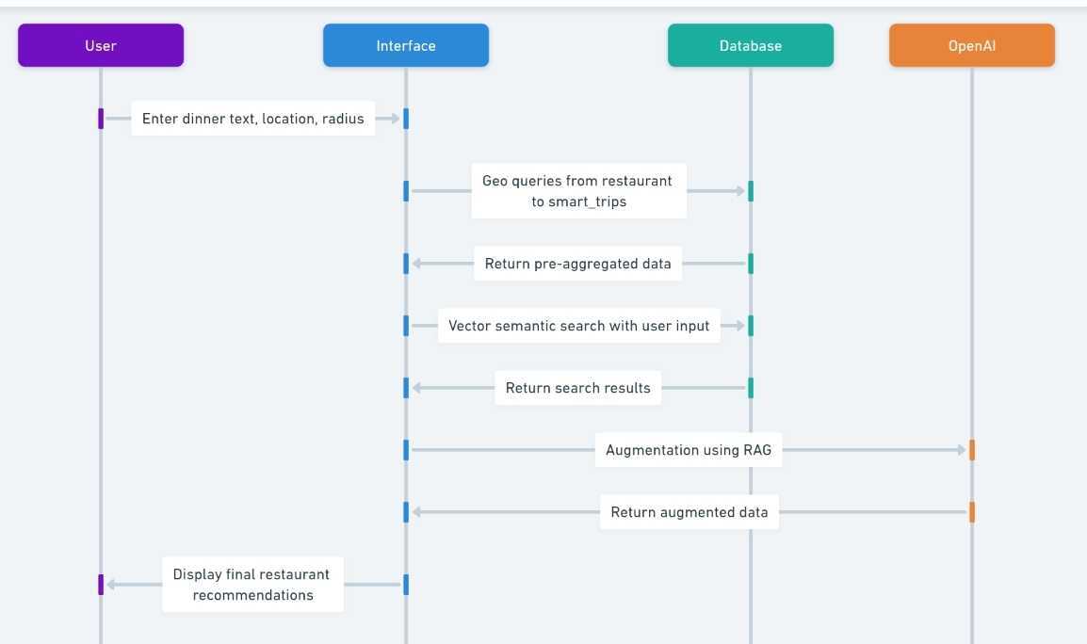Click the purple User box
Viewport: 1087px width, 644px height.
pos(101,46)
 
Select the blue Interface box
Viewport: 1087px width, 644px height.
pos(406,46)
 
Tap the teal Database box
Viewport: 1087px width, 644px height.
pos(750,46)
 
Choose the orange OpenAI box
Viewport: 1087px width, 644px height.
pos(972,46)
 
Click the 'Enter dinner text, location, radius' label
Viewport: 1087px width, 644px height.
pos(253,119)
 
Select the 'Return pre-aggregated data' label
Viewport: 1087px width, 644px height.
pos(577,264)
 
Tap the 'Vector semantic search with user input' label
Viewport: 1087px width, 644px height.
pos(579,326)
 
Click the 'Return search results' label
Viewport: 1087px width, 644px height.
pos(577,388)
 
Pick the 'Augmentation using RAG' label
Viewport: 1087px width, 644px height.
pos(689,450)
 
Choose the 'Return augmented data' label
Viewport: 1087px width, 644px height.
pos(690,512)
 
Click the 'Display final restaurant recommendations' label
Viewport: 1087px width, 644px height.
pos(252,585)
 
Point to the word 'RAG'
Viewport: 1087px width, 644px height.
pos(757,450)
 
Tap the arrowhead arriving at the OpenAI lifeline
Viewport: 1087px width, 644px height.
pos(962,450)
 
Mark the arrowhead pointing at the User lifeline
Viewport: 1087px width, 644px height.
pos(111,585)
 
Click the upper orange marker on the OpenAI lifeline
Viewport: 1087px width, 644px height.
pos(972,450)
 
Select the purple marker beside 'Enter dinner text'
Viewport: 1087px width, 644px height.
pos(101,119)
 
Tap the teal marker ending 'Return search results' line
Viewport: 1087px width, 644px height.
pos(750,388)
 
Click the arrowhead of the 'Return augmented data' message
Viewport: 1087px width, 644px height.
pos(416,512)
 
